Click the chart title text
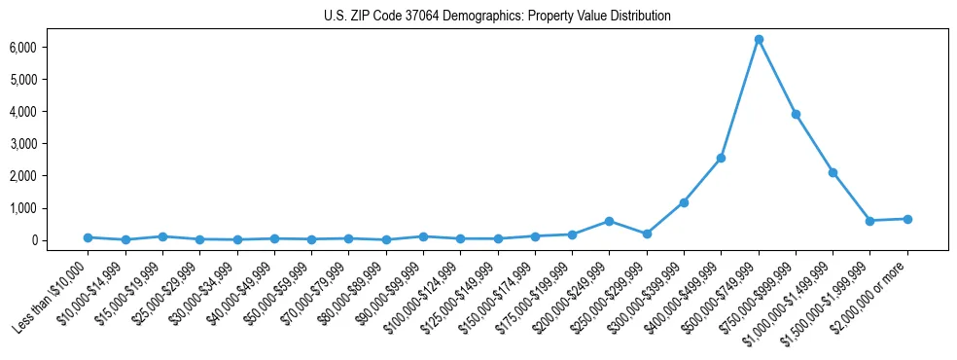[x=497, y=16]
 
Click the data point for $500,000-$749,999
[x=759, y=39]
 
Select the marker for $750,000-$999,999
[x=796, y=114]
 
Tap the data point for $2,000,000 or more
[x=907, y=219]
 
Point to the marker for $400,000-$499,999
[x=721, y=158]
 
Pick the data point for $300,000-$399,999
[x=684, y=202]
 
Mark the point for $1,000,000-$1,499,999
[x=833, y=172]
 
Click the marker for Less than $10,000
[x=88, y=237]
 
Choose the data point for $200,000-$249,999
[x=609, y=221]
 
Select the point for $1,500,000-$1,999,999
[x=869, y=221]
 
